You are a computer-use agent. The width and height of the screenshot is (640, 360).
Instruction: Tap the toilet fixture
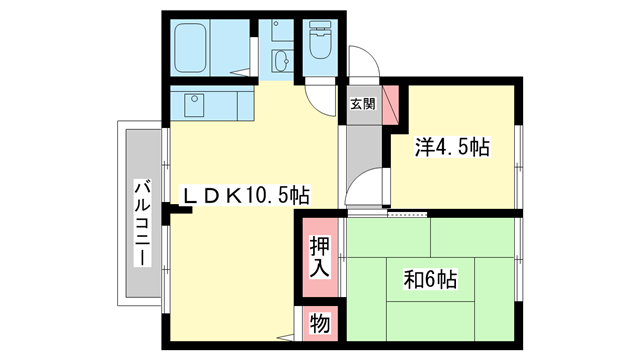[321, 43]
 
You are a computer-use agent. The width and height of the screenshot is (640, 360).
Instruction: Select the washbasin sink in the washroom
[280, 59]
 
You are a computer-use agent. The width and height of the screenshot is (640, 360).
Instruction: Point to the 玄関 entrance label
[362, 102]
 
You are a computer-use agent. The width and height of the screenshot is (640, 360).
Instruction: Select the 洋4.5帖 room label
[452, 148]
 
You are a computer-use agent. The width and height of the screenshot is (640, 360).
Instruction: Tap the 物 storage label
[319, 324]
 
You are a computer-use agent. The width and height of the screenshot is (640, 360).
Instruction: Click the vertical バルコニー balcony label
[142, 222]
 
